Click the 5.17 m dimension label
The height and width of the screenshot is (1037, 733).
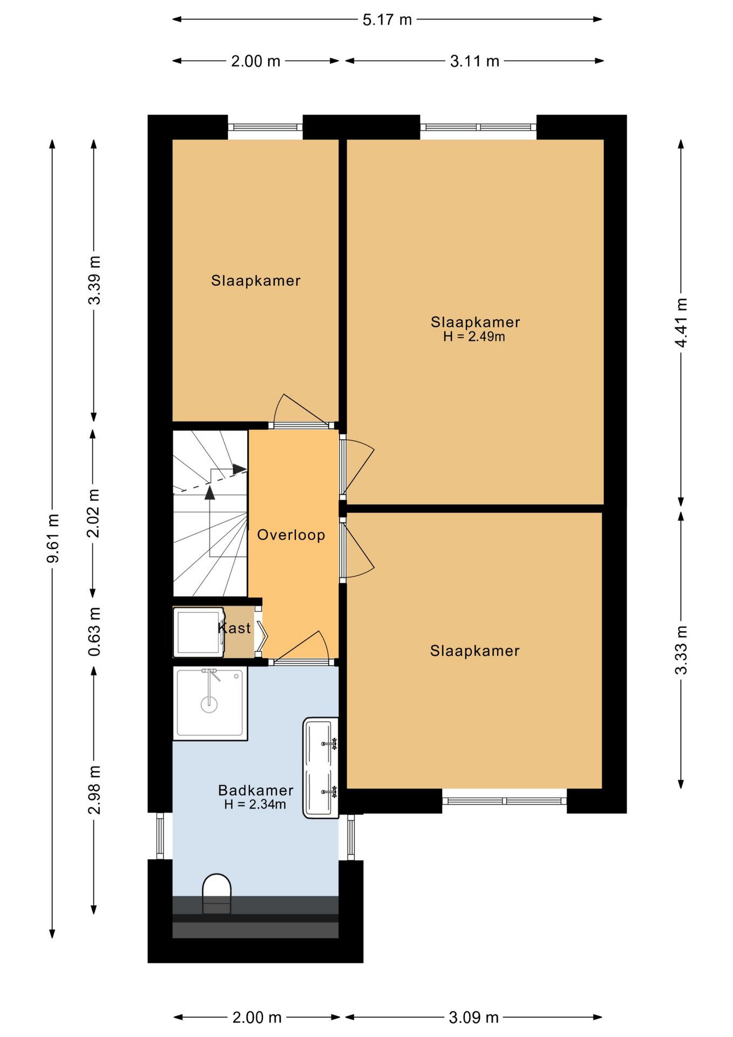(x=387, y=20)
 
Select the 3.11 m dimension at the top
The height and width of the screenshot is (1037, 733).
(x=474, y=61)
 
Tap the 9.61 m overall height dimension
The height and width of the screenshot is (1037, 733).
(x=53, y=538)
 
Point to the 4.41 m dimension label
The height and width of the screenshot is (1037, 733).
(x=681, y=322)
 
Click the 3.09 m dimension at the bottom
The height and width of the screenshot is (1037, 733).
(x=473, y=1018)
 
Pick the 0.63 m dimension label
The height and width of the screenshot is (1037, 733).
(x=94, y=631)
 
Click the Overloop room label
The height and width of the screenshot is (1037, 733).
(x=291, y=535)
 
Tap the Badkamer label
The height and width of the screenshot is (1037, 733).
(x=256, y=790)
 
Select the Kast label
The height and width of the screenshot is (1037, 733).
(x=234, y=628)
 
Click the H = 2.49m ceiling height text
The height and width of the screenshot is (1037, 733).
(x=474, y=336)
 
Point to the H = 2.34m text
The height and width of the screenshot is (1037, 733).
(x=255, y=804)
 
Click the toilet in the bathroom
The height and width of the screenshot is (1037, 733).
(x=216, y=894)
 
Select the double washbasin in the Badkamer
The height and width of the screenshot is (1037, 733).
(x=321, y=767)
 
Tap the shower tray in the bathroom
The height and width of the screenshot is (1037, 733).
(x=210, y=703)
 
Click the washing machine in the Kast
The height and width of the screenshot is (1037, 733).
(x=199, y=632)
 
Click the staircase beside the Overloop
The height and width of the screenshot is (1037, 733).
(x=210, y=514)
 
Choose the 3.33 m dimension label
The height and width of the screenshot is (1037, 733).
(x=681, y=650)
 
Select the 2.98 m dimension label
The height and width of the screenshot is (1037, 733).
(x=94, y=790)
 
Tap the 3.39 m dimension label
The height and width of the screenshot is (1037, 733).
(x=94, y=280)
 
